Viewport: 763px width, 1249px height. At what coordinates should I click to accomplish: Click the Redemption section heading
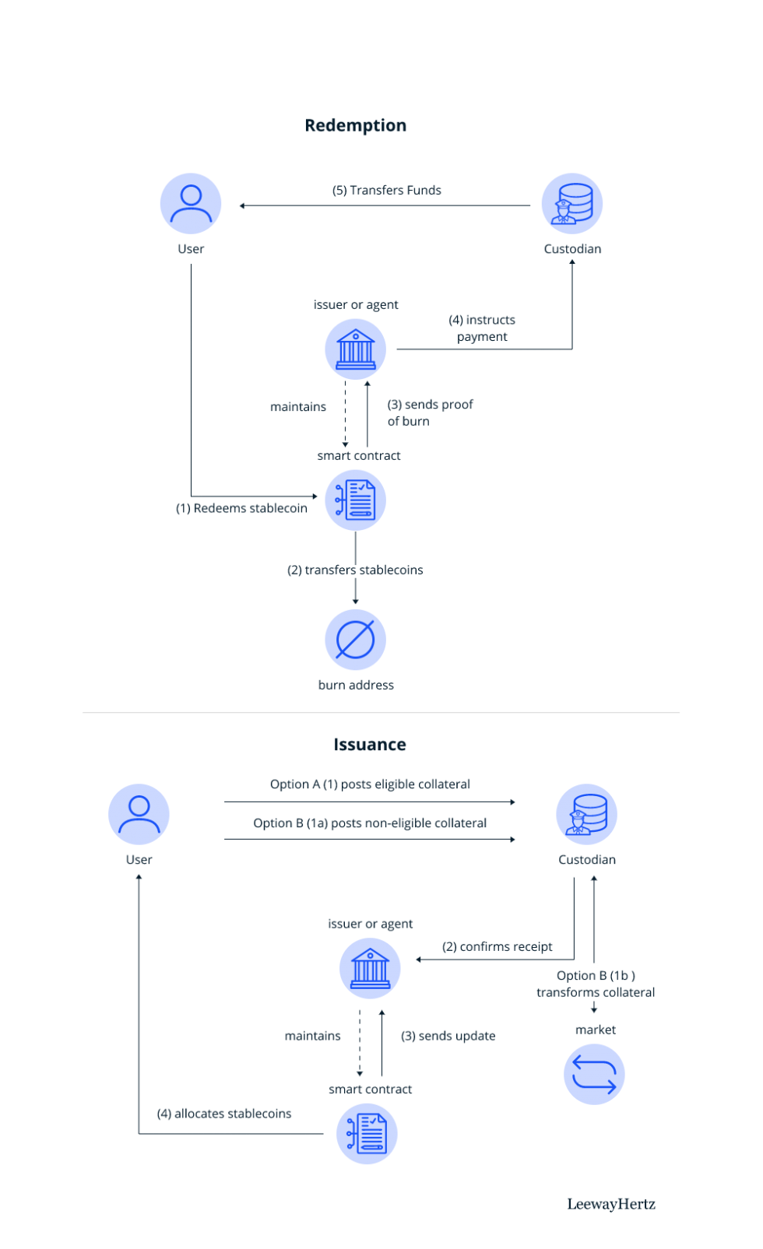355,125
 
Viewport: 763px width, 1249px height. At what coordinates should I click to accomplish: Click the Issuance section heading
370,745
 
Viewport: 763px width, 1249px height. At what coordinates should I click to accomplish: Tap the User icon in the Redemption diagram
191,204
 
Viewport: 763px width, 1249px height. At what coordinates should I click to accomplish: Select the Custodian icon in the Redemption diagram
572,204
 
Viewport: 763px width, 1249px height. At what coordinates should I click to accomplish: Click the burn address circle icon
355,640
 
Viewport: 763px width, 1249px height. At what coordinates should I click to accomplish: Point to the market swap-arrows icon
594,1075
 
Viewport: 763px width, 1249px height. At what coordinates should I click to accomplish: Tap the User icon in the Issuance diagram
139,815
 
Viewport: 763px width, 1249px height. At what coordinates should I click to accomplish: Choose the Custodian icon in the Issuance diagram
586,815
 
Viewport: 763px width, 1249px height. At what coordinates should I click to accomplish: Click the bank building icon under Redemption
355,349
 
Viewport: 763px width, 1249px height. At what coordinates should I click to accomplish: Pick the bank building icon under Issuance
370,968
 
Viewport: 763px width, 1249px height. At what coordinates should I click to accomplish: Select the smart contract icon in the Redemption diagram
355,500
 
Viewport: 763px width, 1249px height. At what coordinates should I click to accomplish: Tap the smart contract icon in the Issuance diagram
367,1134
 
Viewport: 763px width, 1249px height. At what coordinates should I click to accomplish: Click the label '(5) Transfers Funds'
387,190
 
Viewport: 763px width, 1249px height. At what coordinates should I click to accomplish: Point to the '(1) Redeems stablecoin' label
241,508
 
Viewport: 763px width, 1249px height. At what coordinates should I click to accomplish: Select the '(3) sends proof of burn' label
430,412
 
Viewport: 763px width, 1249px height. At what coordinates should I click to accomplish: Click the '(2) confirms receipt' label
498,946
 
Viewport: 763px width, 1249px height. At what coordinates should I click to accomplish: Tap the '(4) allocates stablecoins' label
224,1114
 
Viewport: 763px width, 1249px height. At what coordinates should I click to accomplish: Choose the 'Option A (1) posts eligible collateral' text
370,784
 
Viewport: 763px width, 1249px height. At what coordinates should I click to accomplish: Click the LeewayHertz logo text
611,1205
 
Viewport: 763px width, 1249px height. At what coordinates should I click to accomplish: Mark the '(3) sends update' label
448,1036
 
